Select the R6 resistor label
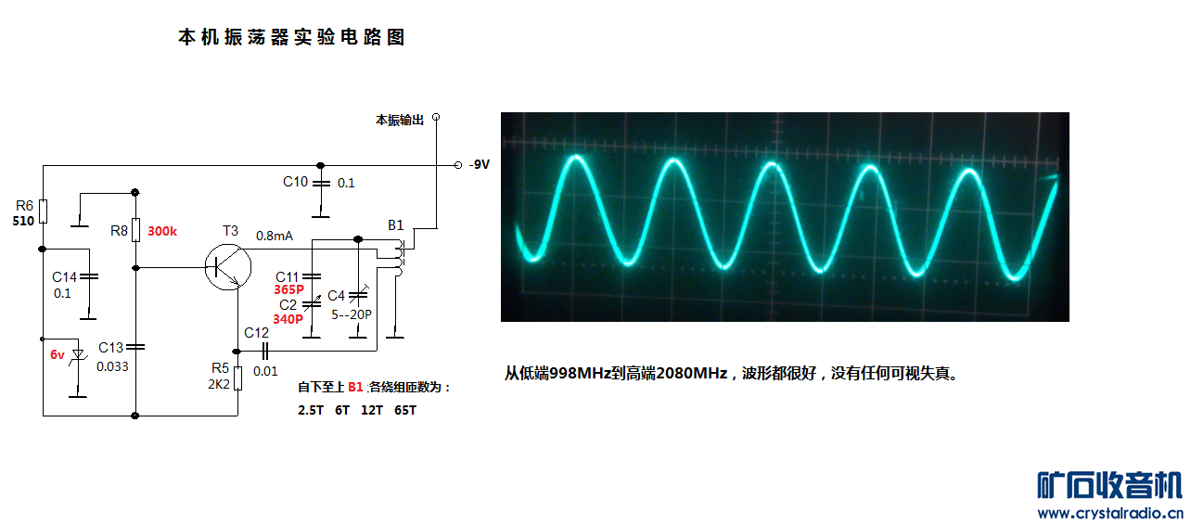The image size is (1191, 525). (25, 206)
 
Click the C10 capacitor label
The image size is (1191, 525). (295, 182)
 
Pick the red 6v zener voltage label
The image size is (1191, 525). (58, 354)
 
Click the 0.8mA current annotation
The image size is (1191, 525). (274, 236)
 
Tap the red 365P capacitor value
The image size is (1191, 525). (288, 289)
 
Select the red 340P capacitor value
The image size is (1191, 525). (288, 318)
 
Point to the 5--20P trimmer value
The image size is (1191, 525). (352, 314)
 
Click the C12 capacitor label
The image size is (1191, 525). (256, 332)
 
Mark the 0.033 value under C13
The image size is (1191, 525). (112, 365)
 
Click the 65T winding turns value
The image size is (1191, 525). (405, 410)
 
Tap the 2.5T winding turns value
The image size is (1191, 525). (310, 410)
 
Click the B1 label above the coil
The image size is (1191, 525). (395, 225)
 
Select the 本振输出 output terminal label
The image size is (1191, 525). (399, 120)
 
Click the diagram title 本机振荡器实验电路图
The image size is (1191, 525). (291, 38)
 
